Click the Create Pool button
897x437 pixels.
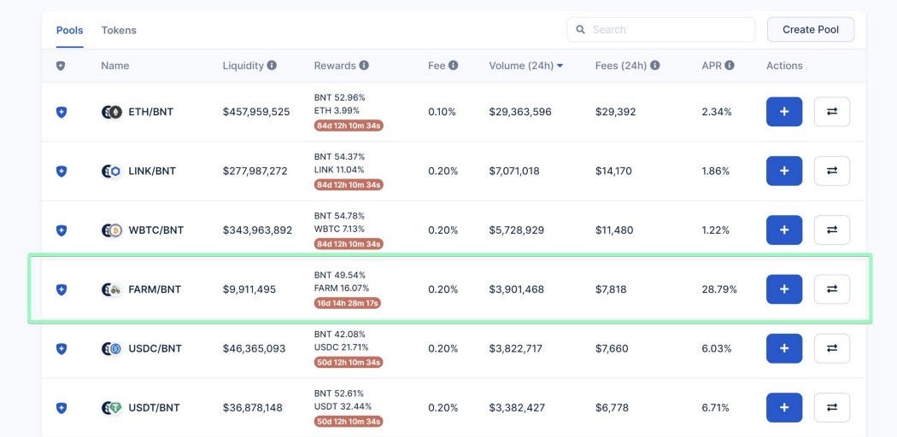(x=811, y=30)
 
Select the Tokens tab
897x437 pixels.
(x=119, y=30)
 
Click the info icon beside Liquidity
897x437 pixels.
(x=272, y=65)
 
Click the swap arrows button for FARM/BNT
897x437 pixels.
(x=832, y=289)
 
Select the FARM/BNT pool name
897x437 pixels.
(x=155, y=289)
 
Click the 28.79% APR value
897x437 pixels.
(x=719, y=289)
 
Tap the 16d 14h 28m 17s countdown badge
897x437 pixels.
(x=348, y=303)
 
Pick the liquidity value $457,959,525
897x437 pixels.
(x=256, y=112)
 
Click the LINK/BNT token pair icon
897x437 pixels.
(x=112, y=172)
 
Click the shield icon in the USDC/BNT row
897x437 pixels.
(x=62, y=348)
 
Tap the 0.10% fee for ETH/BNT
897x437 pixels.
(x=442, y=112)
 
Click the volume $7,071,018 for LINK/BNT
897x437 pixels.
(x=514, y=171)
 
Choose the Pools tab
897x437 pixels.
(x=70, y=30)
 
